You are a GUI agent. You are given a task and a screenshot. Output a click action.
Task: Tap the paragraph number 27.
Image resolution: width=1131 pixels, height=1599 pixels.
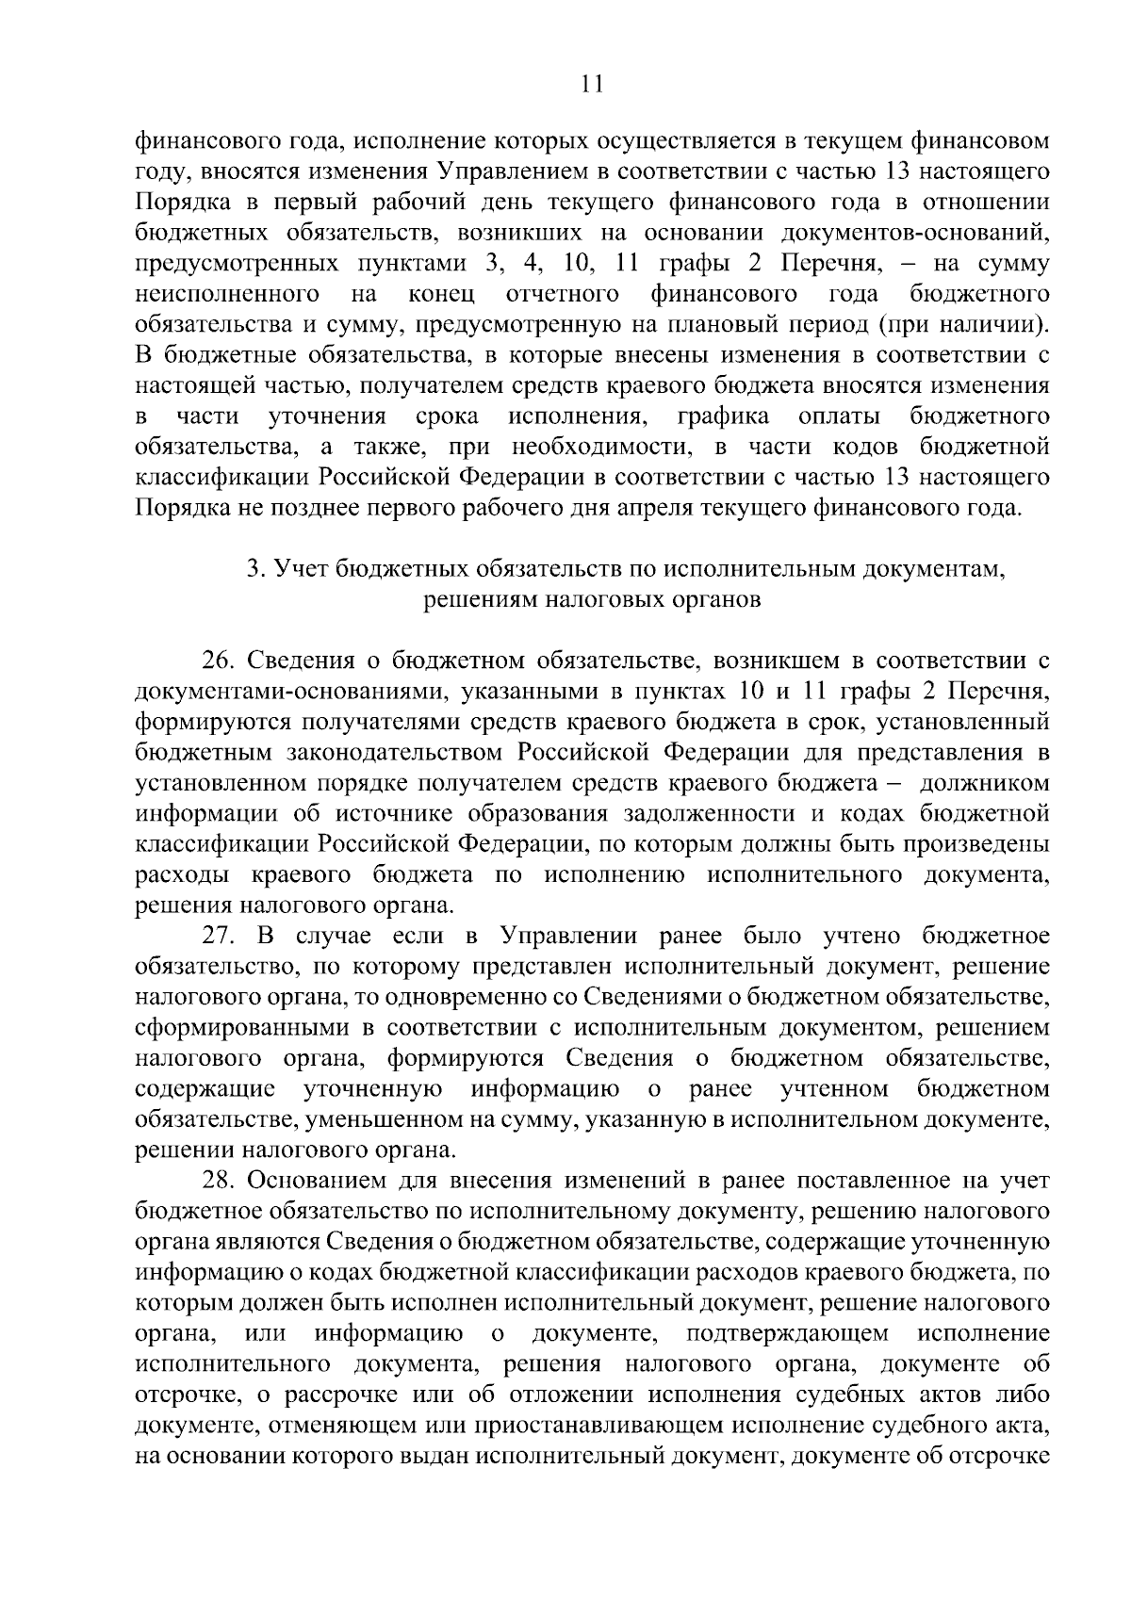coord(219,936)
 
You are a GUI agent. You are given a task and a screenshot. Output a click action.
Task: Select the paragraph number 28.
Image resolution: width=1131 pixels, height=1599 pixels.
coord(219,1181)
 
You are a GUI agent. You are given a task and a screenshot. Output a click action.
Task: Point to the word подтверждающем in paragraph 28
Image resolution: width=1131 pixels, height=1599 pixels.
coord(788,1334)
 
